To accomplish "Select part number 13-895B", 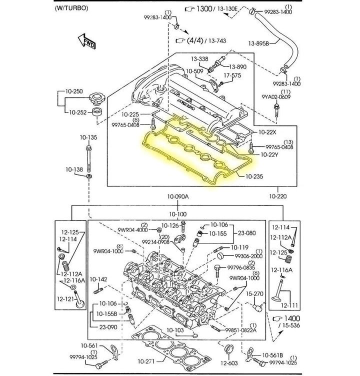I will [x=258, y=44].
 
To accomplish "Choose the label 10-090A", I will [x=178, y=196].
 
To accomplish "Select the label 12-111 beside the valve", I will [x=288, y=305].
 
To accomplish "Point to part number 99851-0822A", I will [x=240, y=330].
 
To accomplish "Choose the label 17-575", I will [x=232, y=75].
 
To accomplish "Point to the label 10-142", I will [x=98, y=279].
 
